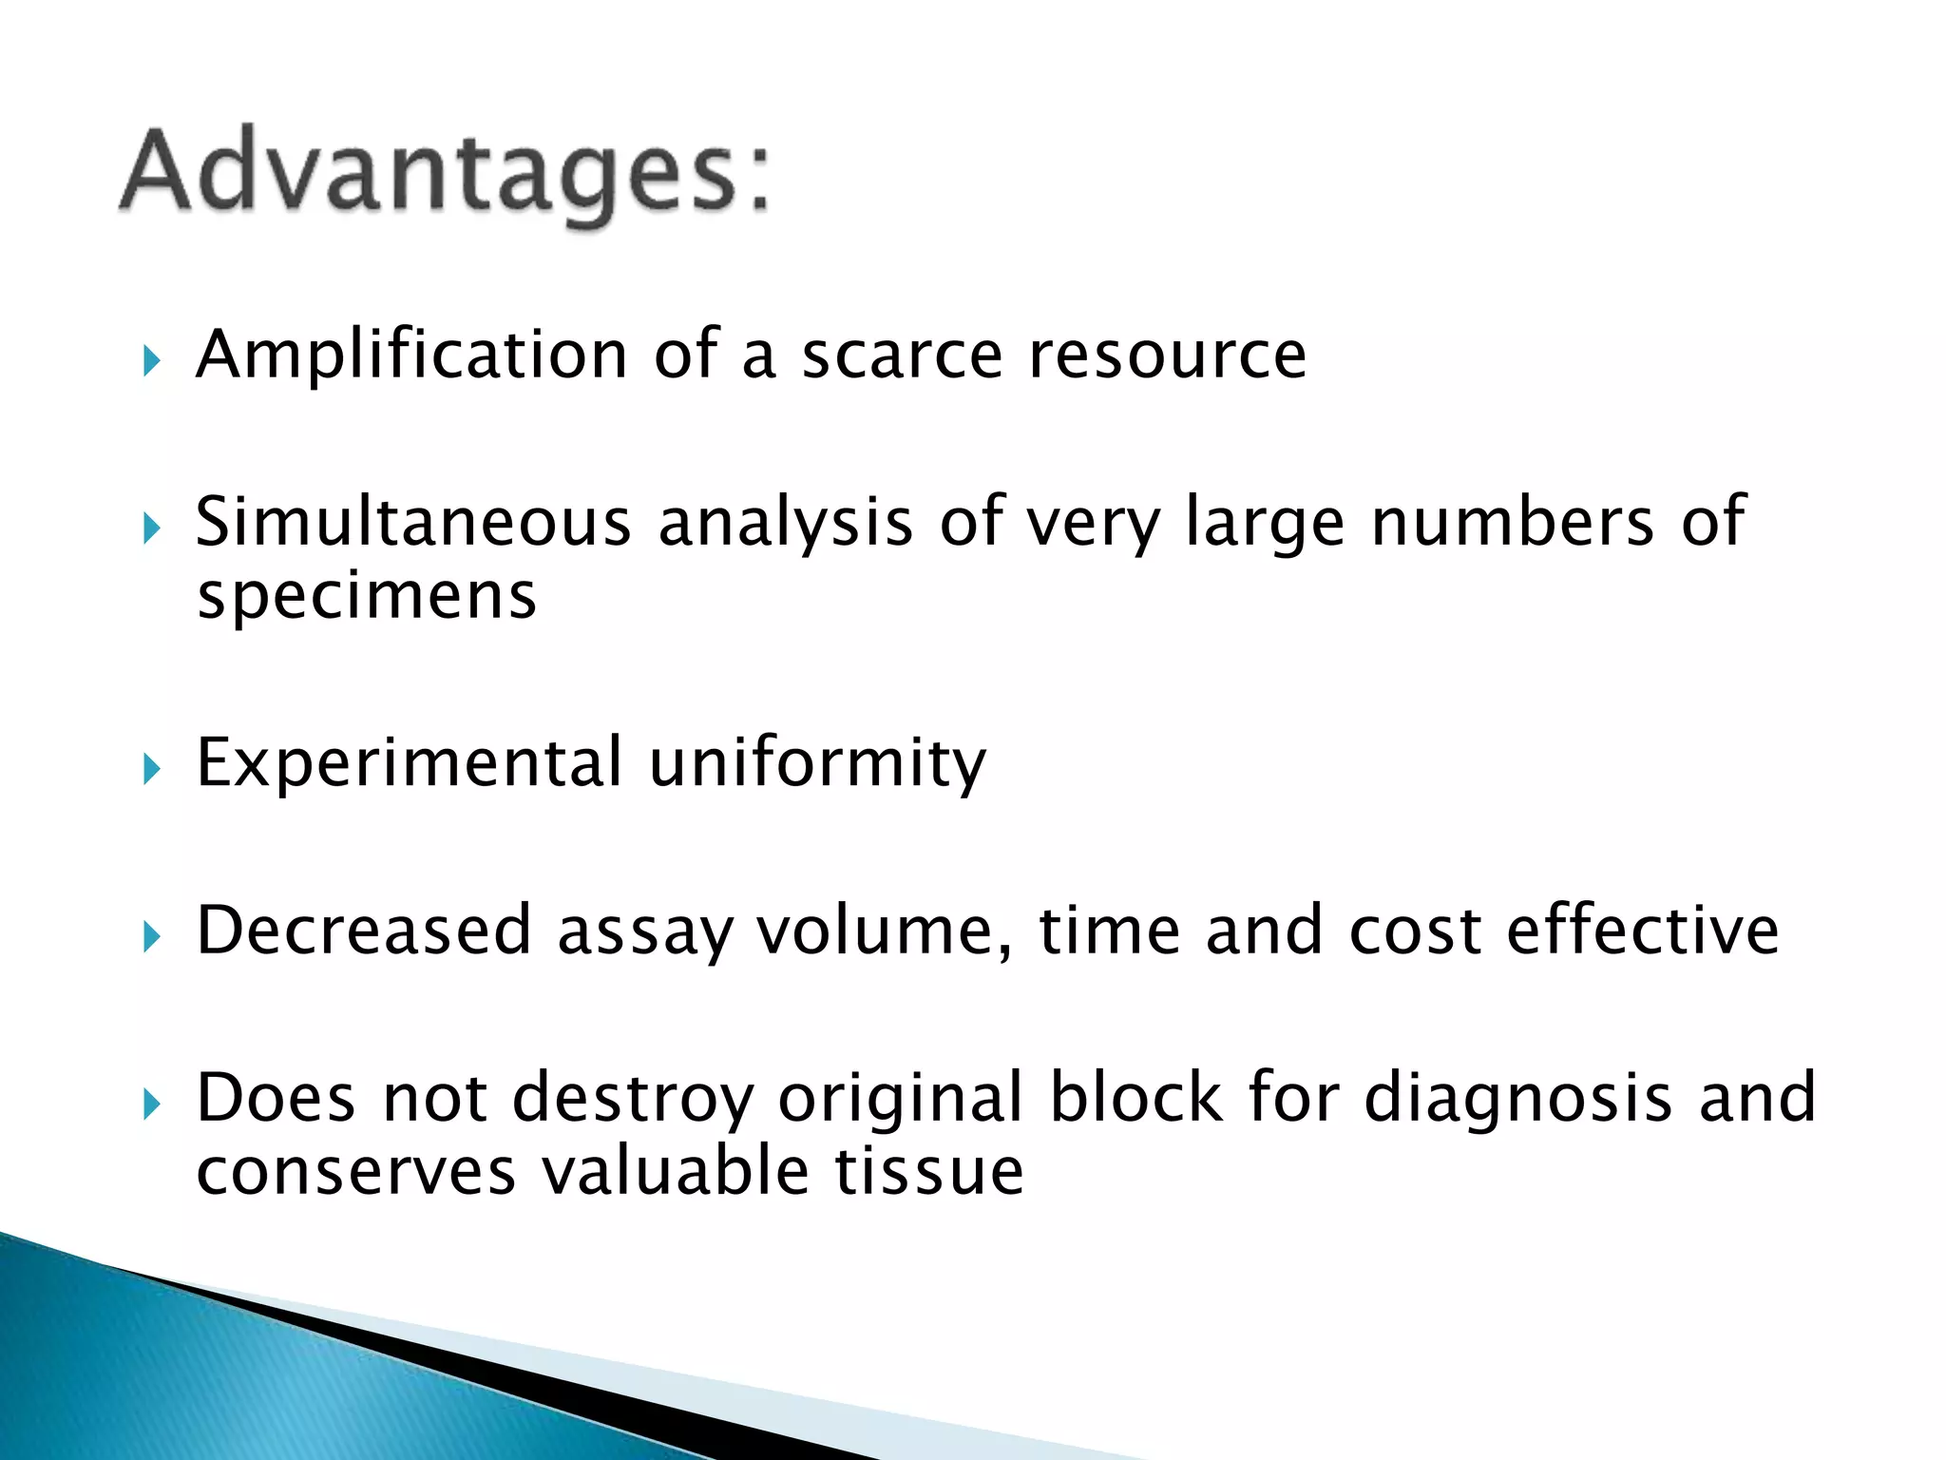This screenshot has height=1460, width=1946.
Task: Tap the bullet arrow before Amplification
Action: coord(151,360)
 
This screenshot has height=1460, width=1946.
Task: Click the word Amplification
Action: coord(410,355)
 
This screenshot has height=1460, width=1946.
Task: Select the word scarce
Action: coord(902,355)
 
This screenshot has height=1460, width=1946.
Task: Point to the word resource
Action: coord(1168,355)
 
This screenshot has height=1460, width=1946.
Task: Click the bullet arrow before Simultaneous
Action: coord(151,528)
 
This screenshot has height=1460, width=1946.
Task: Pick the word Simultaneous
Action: coord(413,523)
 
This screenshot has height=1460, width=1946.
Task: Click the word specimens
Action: coord(367,597)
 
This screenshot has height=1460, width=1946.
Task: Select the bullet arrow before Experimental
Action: coord(151,769)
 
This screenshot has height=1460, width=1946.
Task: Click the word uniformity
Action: coord(817,763)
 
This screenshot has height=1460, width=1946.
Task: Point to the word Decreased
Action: coord(363,931)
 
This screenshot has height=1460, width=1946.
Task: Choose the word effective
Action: coord(1642,931)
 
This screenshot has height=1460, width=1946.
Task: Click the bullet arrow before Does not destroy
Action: coord(151,1105)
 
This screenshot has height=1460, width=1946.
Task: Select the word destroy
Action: coord(632,1100)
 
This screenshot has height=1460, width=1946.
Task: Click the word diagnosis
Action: coord(1517,1100)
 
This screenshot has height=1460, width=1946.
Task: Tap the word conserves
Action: coord(355,1172)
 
